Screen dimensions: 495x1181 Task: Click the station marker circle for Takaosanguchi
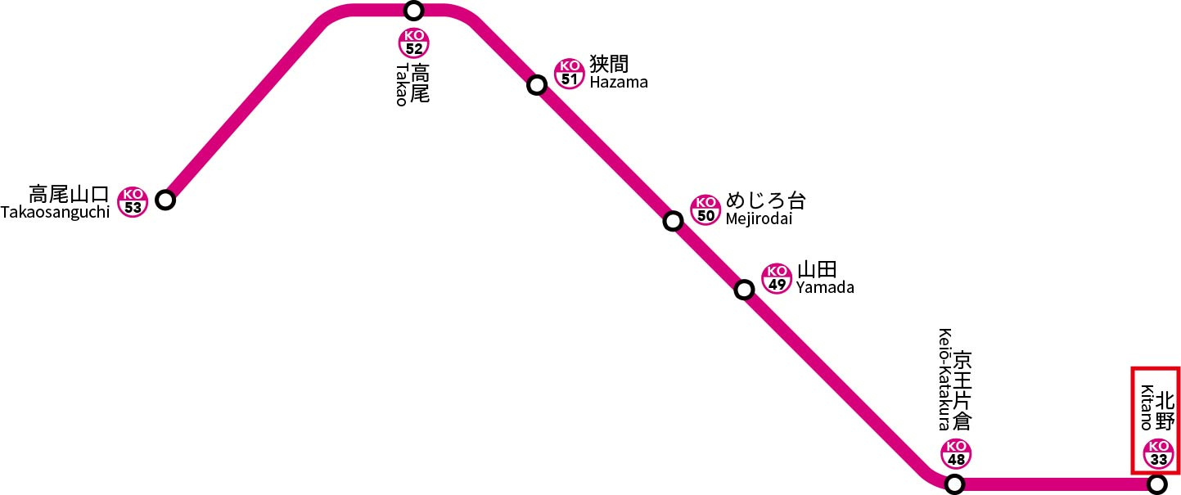pyautogui.click(x=165, y=200)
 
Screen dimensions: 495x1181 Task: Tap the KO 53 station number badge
pyautogui.click(x=133, y=201)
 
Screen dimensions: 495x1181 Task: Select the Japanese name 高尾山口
pyautogui.click(x=69, y=194)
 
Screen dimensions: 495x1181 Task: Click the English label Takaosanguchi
pyautogui.click(x=56, y=213)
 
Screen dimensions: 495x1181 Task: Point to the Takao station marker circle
pyautogui.click(x=414, y=11)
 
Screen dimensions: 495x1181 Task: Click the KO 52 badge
pyautogui.click(x=414, y=43)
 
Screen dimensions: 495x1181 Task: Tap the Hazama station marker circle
pyautogui.click(x=537, y=85)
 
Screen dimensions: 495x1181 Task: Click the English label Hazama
pyautogui.click(x=618, y=83)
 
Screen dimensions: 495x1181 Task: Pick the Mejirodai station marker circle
pyautogui.click(x=673, y=221)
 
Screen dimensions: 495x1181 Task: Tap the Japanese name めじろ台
pyautogui.click(x=766, y=201)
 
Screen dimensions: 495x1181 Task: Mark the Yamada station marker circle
pyautogui.click(x=744, y=290)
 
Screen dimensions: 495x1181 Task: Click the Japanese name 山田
pyautogui.click(x=817, y=269)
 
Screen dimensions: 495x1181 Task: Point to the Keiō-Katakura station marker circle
pyautogui.click(x=954, y=484)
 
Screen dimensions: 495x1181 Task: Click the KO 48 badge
pyautogui.click(x=956, y=453)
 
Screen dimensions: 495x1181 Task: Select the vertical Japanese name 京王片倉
pyautogui.click(x=963, y=391)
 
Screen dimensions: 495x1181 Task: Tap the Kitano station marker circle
pyautogui.click(x=1156, y=485)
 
